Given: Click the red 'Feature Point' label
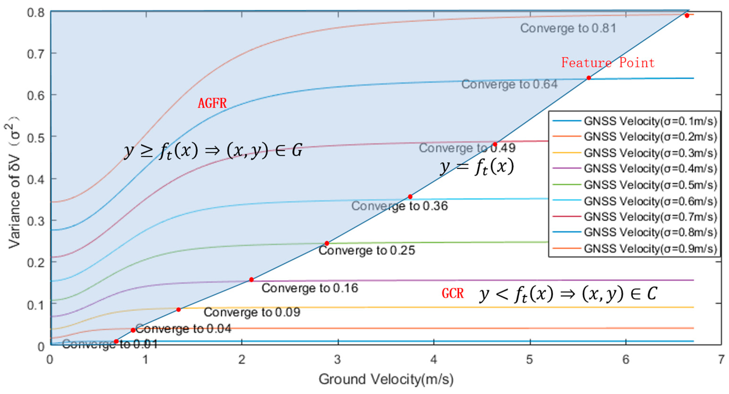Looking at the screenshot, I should pyautogui.click(x=608, y=62).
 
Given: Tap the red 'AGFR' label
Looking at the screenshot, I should pyautogui.click(x=212, y=103).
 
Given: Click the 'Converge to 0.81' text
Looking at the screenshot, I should pyautogui.click(x=568, y=28).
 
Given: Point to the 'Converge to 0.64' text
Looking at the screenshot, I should pyautogui.click(x=509, y=84).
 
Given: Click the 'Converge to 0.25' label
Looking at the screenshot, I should pyautogui.click(x=367, y=250).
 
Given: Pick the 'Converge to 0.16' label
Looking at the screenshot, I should pyautogui.click(x=310, y=288).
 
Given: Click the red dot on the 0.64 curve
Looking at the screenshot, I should pyautogui.click(x=589, y=78).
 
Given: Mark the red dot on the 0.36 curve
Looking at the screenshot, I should pyautogui.click(x=410, y=197).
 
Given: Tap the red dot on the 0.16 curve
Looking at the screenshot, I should pyautogui.click(x=251, y=280).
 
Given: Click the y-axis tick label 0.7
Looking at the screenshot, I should pyautogui.click(x=36, y=54).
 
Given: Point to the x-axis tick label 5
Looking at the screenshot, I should pyautogui.click(x=530, y=360).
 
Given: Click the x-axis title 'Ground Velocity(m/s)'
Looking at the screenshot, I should pyautogui.click(x=386, y=379).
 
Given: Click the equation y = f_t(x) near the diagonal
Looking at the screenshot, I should pyautogui.click(x=477, y=167).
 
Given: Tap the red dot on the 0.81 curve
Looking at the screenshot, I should pyautogui.click(x=687, y=16).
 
